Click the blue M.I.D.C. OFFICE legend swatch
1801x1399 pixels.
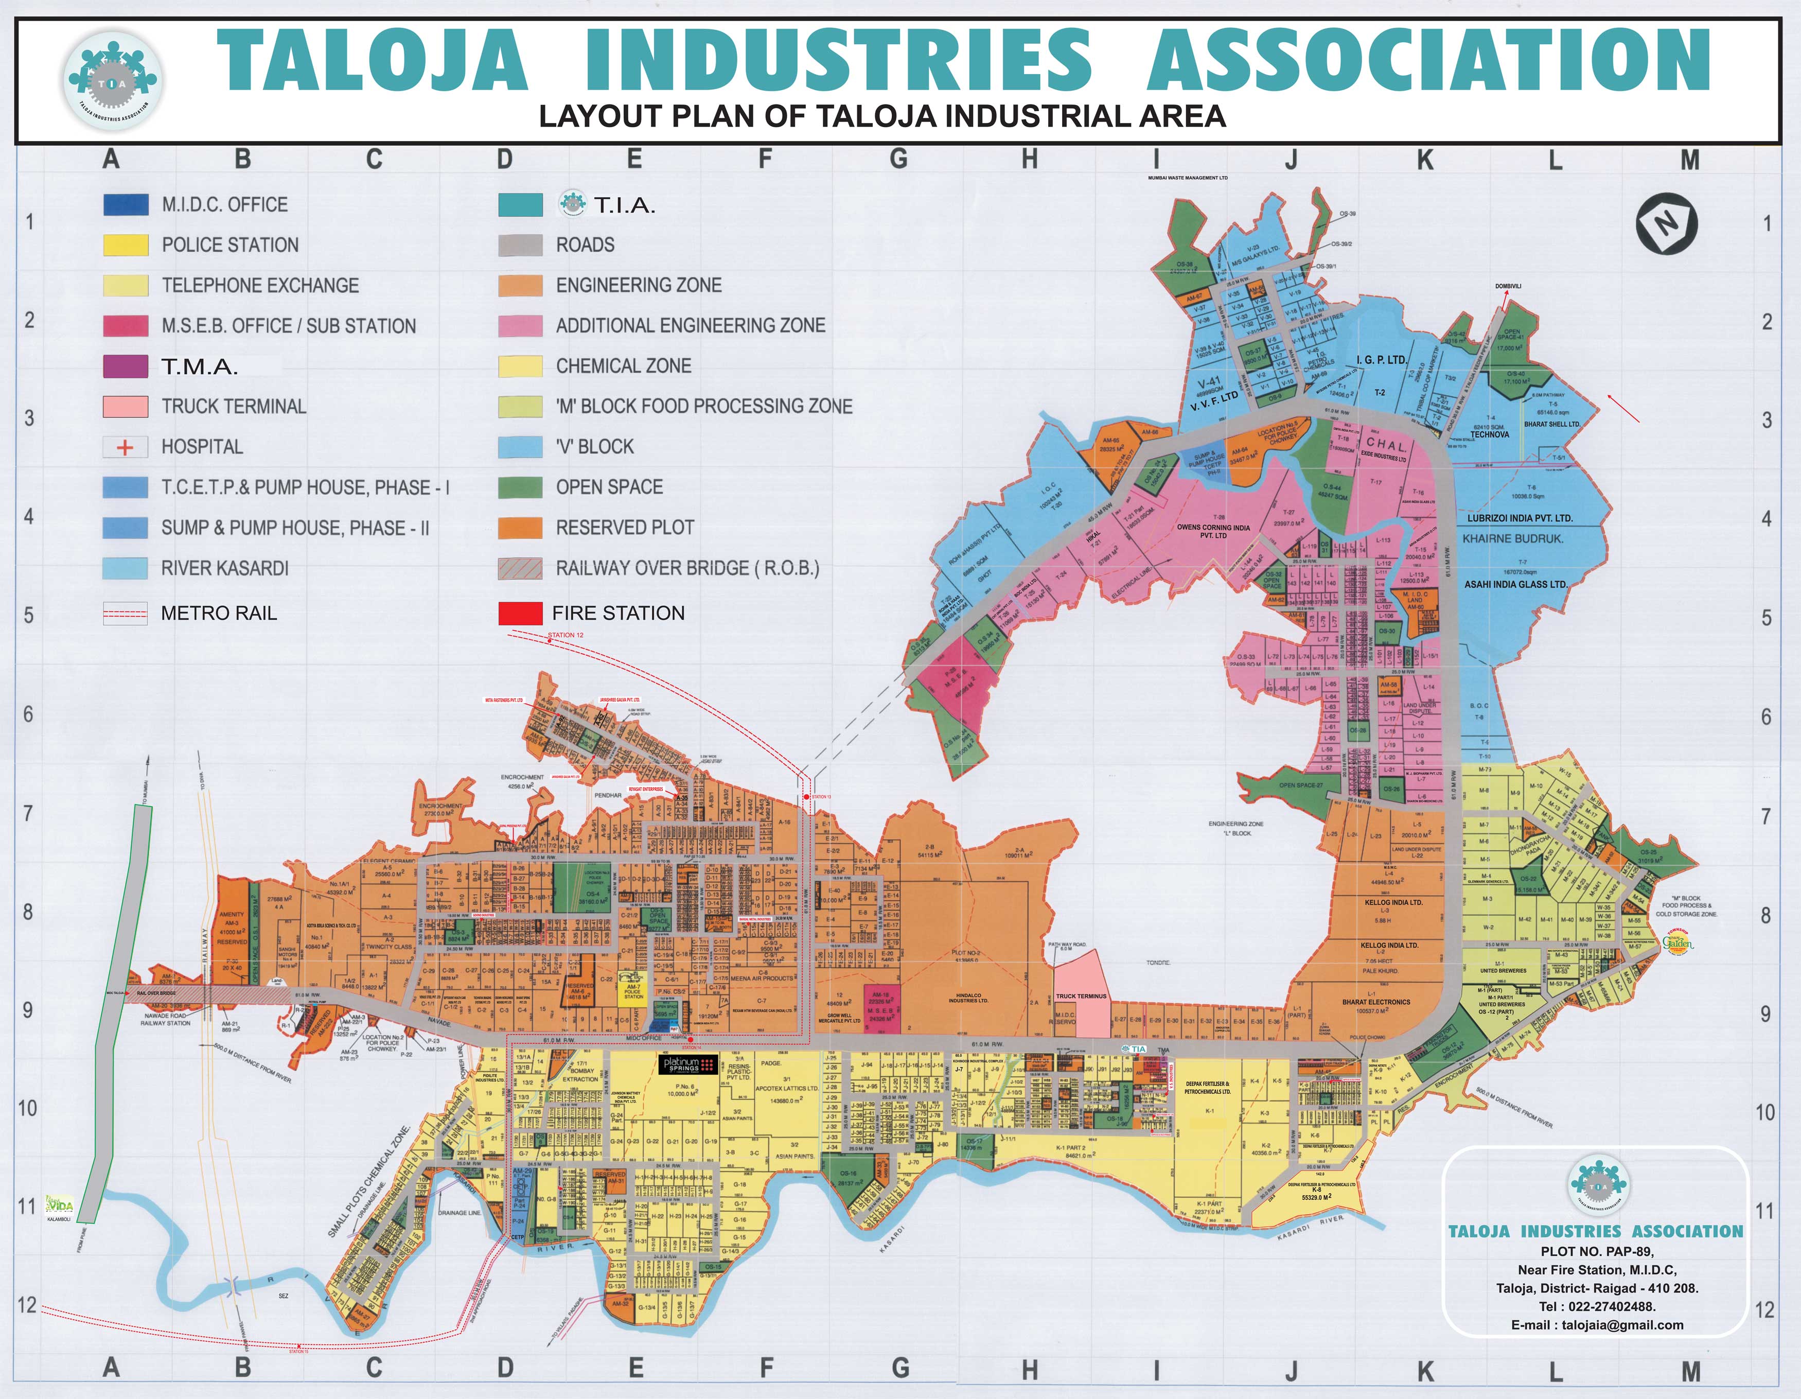click(126, 204)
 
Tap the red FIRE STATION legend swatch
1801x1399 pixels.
click(520, 614)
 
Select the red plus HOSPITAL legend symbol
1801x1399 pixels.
click(126, 447)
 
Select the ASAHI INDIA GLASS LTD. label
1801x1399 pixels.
click(1516, 584)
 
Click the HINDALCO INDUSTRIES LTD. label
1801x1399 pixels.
click(968, 998)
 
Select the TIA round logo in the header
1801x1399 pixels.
click(114, 80)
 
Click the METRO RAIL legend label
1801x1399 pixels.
click(219, 614)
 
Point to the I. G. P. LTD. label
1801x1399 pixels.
click(1381, 360)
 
